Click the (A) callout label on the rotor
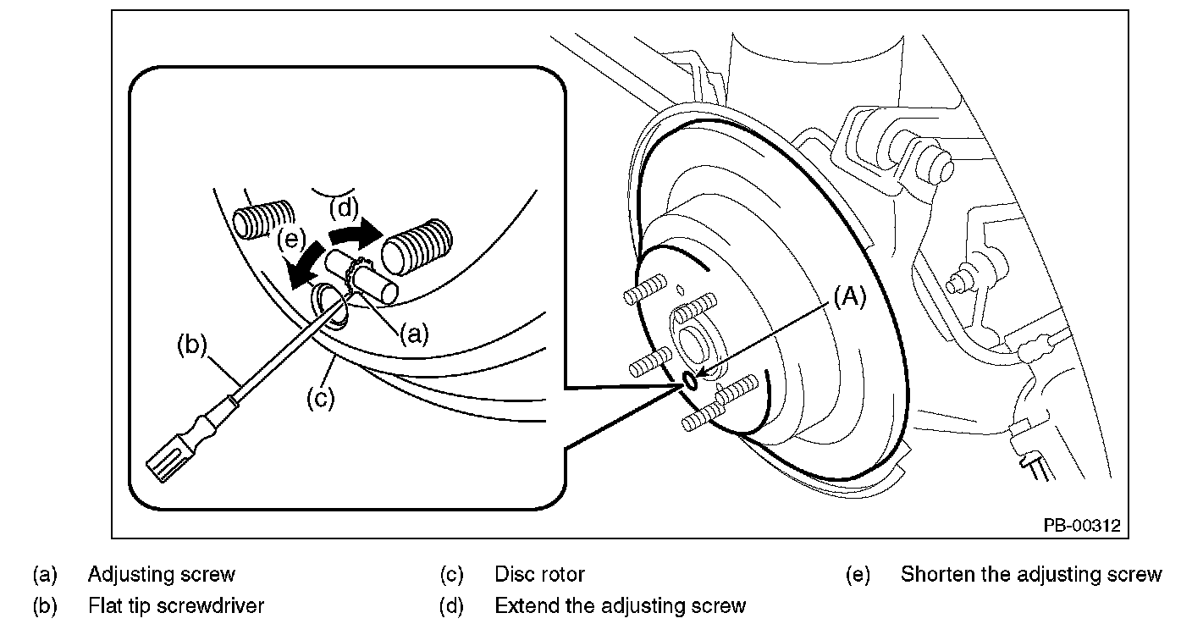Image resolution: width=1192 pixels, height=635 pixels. click(x=849, y=297)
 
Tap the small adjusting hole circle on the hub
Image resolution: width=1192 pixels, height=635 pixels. click(x=690, y=380)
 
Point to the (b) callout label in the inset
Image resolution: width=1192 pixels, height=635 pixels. click(x=191, y=345)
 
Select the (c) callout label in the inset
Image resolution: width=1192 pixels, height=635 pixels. click(x=321, y=398)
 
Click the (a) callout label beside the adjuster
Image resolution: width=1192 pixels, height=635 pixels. click(x=414, y=334)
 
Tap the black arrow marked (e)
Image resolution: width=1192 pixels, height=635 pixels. click(x=305, y=266)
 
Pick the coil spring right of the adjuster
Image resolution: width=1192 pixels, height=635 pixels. click(x=417, y=247)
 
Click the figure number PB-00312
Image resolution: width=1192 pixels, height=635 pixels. click(x=1082, y=525)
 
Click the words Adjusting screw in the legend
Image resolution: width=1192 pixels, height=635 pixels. click(x=161, y=574)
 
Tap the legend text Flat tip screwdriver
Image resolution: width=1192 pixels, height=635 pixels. click(x=176, y=605)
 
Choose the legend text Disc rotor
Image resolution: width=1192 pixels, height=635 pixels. click(x=539, y=574)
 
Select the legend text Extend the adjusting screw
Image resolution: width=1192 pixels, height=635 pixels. click(x=621, y=605)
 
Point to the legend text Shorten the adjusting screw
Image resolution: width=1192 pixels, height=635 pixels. click(x=1031, y=574)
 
